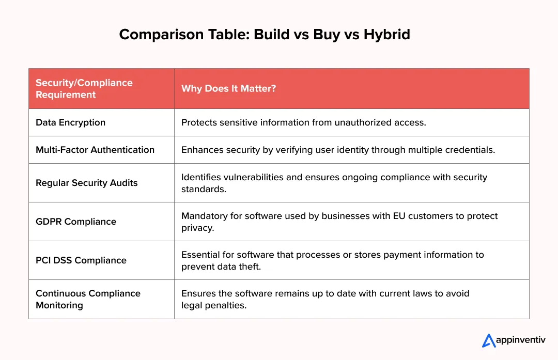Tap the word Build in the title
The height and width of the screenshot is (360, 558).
coord(272,35)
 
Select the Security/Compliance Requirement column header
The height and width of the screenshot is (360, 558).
coord(84,88)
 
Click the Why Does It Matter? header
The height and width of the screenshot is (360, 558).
coord(228,88)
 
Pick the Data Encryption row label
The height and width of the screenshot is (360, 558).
coord(70,122)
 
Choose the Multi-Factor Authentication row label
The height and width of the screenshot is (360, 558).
coord(95,150)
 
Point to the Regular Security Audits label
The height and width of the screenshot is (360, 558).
coord(86,183)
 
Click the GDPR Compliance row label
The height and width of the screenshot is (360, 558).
coord(76,222)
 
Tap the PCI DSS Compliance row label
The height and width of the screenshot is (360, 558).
coord(81,260)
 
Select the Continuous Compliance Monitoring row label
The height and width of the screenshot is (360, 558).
coord(88,299)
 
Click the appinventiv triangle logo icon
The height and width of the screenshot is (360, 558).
coord(489,340)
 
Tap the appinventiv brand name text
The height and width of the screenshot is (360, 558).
coord(521,340)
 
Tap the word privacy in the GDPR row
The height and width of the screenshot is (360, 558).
coord(197,228)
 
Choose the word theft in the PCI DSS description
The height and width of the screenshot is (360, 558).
coord(250,267)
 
